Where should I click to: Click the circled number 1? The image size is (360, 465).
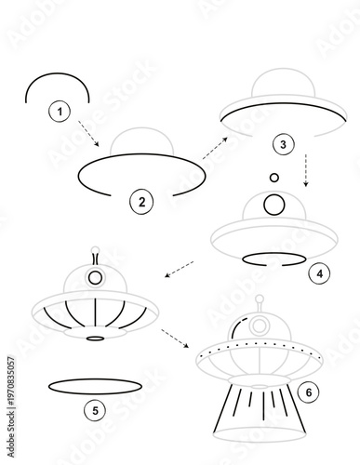click(60, 112)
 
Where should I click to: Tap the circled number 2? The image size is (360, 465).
click(140, 201)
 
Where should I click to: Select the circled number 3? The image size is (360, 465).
click(283, 144)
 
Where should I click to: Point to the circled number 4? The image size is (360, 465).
click(318, 273)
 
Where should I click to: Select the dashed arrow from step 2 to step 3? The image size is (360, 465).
click(216, 146)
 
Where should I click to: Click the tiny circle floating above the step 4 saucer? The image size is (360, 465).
click(273, 176)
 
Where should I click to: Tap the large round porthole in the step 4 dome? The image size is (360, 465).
click(273, 204)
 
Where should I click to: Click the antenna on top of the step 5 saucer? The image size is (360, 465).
click(95, 254)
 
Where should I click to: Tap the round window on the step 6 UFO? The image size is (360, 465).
click(260, 325)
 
